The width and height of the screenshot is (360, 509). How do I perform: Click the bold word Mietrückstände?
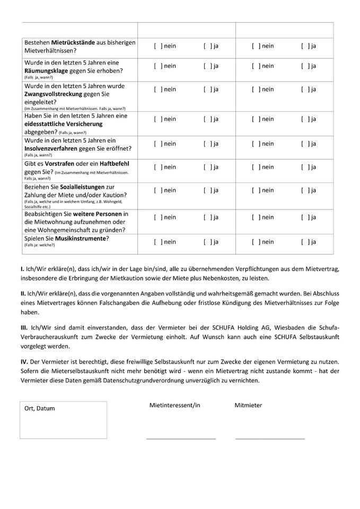pos(73,42)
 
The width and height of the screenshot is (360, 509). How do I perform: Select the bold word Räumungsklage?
pos(49,71)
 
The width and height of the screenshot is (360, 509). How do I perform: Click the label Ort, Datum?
pos(40,408)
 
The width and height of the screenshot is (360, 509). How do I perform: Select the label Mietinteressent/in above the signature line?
pos(174,405)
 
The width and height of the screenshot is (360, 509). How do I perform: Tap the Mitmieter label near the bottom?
pos(248,405)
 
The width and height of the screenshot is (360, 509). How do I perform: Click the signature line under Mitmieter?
pos(270,439)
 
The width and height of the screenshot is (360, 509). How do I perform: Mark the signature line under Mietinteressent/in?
pos(181,439)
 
